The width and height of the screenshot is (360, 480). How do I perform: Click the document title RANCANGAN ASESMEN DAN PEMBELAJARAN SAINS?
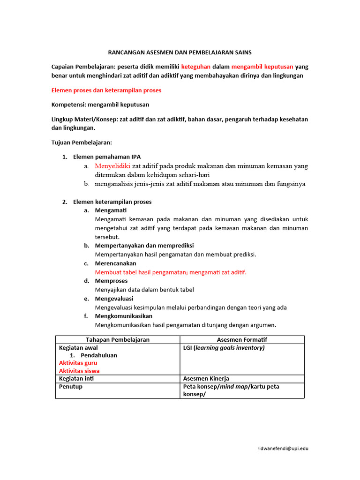180,52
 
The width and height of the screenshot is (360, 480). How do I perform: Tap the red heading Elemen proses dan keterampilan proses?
106,90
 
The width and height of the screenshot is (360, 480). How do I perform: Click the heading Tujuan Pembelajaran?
82,142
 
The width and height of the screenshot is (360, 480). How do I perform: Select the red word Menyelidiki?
112,165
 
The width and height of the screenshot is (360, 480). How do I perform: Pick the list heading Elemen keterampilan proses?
112,202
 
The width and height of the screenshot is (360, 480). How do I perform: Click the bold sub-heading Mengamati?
111,210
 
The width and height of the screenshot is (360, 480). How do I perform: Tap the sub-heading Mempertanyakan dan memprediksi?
144,246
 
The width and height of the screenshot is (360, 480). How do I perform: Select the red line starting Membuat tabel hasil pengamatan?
171,272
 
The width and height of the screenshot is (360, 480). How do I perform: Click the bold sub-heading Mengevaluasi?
114,299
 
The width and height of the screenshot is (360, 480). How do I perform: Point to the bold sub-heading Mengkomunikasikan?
124,316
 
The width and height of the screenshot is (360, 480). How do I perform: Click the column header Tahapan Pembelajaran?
118,340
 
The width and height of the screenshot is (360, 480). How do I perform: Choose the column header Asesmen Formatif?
242,340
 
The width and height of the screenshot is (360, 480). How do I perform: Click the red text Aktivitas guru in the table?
78,363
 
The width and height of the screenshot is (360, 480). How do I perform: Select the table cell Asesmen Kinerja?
206,378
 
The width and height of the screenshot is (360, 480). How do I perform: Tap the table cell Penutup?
71,387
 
